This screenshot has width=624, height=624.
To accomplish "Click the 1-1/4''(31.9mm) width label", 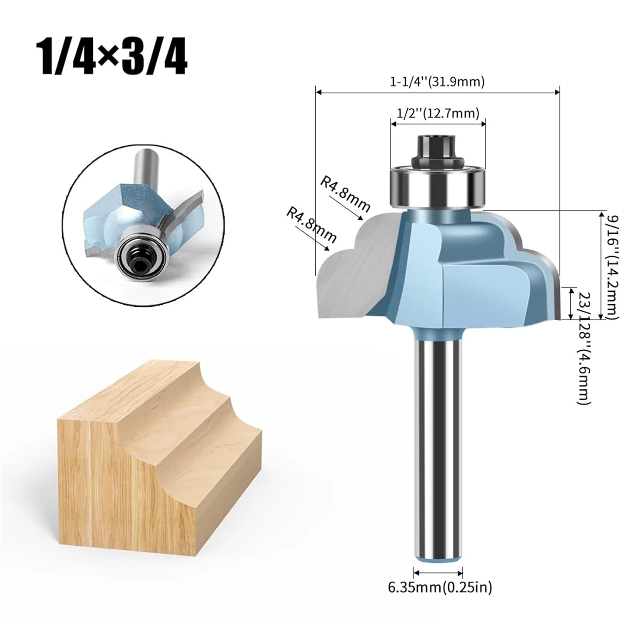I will pos(437,82).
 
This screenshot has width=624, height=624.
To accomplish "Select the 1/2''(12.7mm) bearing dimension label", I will pos(437,113).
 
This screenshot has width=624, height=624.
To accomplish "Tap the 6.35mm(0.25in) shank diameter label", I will pos(440,587).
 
